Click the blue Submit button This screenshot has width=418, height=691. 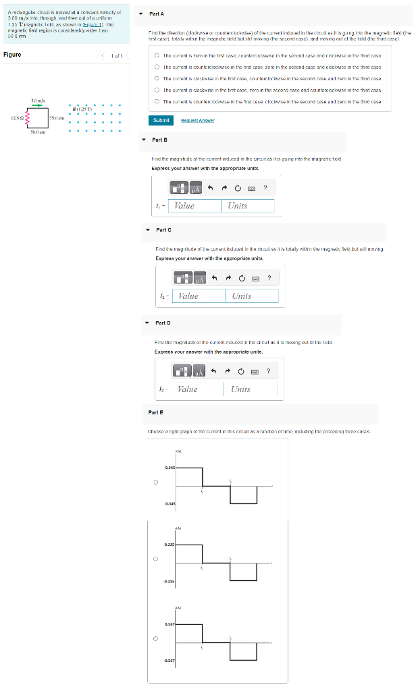tap(161, 120)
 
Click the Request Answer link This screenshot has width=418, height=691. tap(197, 120)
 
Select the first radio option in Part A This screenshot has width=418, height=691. tap(157, 56)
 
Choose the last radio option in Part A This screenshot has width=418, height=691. tap(157, 101)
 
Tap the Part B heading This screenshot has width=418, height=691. tap(160, 140)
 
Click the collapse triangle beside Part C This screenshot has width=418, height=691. tap(148, 230)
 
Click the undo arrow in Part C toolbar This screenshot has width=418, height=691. tap(214, 277)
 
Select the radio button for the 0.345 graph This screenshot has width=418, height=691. tap(155, 482)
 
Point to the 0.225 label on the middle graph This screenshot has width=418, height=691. tap(170, 545)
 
